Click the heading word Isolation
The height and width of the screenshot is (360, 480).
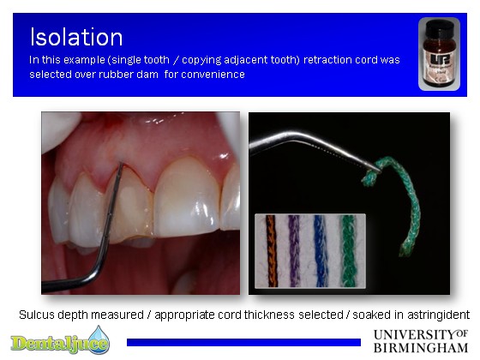pyautogui.click(x=76, y=37)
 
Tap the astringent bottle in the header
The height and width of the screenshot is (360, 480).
pyautogui.click(x=439, y=54)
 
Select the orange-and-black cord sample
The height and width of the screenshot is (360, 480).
pyautogui.click(x=271, y=251)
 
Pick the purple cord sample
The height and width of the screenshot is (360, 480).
pyautogui.click(x=294, y=251)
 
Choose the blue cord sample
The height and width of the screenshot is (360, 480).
pyautogui.click(x=321, y=251)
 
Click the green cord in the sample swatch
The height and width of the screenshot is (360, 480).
pyautogui.click(x=348, y=251)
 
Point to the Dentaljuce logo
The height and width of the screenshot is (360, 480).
pyautogui.click(x=60, y=341)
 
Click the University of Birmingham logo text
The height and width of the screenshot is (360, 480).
pyautogui.click(x=421, y=341)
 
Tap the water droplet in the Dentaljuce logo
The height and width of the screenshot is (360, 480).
pyautogui.click(x=99, y=339)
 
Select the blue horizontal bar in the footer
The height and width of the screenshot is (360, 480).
pyautogui.click(x=243, y=342)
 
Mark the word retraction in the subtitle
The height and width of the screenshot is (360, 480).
pyautogui.click(x=326, y=60)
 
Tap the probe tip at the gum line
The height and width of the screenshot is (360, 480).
pyautogui.click(x=121, y=165)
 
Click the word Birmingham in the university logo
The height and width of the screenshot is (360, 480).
pyautogui.click(x=421, y=348)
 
